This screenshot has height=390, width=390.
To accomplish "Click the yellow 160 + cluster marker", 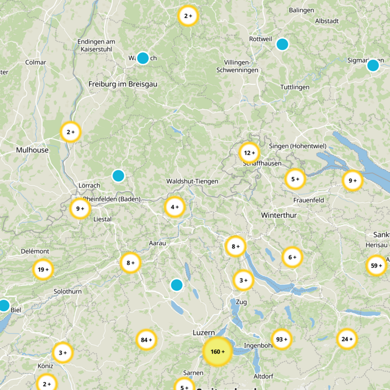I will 217,351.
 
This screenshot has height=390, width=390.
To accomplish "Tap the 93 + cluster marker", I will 282,339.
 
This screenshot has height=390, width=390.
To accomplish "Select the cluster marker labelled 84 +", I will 146,340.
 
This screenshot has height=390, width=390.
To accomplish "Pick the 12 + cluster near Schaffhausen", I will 250,153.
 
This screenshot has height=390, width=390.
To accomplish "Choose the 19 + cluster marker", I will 43,269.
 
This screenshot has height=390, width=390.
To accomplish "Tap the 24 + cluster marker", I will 347,339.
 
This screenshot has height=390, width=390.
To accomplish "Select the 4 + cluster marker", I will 175,207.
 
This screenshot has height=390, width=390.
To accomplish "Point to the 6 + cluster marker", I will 292,257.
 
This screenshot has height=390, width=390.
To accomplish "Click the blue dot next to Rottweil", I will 282,44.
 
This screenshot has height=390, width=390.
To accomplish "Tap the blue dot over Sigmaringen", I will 373,65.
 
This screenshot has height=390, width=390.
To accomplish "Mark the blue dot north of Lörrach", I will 118,175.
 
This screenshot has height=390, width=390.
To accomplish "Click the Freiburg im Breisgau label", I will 123,84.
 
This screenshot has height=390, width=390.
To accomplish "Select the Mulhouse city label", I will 32,150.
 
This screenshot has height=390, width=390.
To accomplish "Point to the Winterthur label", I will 279,215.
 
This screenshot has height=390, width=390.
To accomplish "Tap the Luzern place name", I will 204,332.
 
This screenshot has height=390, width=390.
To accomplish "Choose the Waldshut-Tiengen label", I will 192,181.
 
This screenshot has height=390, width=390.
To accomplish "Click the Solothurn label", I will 68,292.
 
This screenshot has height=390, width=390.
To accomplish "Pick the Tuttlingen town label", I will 295,87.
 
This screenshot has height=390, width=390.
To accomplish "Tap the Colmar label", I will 36,62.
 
